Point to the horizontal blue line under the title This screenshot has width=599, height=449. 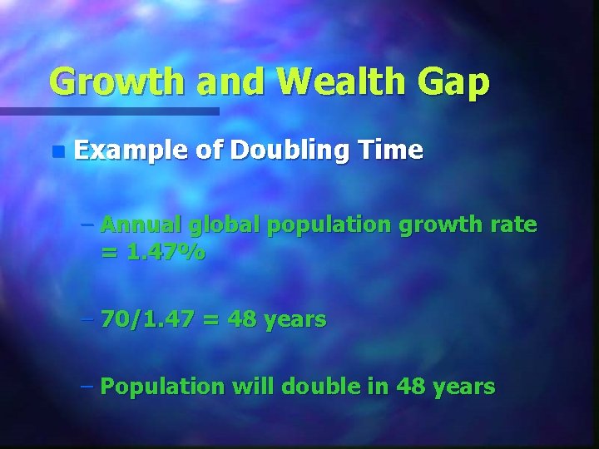pyautogui.click(x=109, y=111)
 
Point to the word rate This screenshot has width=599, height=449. pyautogui.click(x=514, y=224)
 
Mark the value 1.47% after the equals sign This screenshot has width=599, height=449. pyautogui.click(x=166, y=252)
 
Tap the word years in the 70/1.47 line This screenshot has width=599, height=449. pyautogui.click(x=296, y=318)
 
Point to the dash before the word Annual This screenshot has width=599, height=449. pyautogui.click(x=89, y=225)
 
